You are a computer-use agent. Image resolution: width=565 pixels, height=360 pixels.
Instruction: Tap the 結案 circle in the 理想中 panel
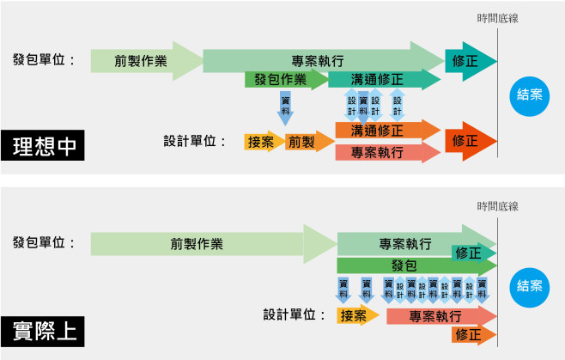tap(529, 95)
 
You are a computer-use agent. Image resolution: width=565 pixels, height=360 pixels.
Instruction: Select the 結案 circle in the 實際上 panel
tap(529, 286)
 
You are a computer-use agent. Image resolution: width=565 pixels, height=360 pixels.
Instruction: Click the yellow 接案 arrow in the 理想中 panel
tap(261, 142)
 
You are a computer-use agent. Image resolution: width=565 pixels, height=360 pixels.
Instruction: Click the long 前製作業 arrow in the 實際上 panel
tap(197, 243)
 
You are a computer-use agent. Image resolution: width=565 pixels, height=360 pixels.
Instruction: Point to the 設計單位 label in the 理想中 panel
tap(193, 142)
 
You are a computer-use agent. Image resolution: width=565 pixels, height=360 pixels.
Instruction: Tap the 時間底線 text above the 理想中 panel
tap(498, 17)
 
